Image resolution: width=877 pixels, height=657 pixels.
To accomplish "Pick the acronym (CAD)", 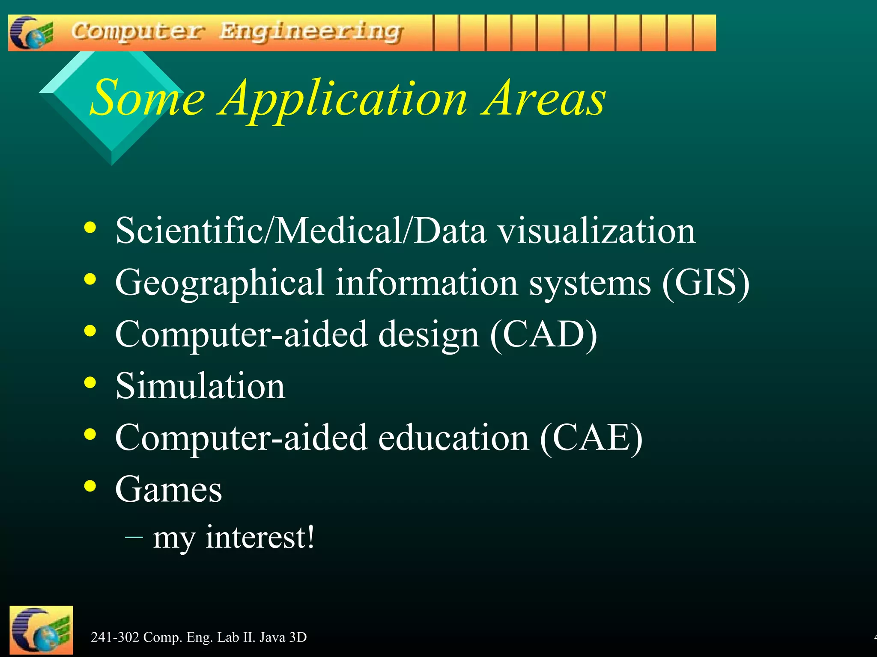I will (543, 334).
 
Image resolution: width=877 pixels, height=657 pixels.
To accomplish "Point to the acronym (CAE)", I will (591, 438).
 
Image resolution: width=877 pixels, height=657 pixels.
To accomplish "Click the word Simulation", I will (200, 386).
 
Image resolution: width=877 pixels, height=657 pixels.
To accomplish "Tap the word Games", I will (169, 489).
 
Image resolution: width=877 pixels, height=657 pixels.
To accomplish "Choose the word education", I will (453, 438).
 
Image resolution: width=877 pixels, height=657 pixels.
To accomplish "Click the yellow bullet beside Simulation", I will (90, 382).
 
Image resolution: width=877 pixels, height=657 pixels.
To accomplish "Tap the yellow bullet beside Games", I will (90, 486).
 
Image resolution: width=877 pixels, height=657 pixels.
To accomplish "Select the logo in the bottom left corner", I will (41, 630).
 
